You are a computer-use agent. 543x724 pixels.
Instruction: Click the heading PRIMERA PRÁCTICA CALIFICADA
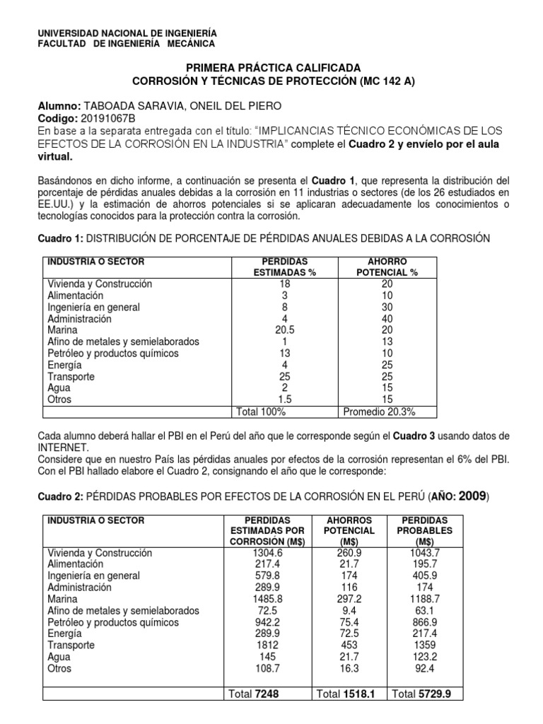tap(272, 66)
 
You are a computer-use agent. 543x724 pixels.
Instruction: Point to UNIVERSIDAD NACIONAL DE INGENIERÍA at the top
tap(127, 33)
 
